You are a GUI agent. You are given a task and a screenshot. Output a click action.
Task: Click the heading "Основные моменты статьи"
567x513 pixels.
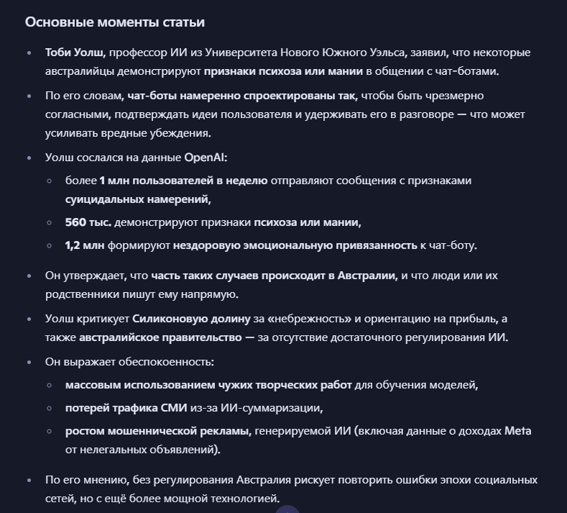115,22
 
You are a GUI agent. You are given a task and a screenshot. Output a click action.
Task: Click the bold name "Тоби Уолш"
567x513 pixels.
75,53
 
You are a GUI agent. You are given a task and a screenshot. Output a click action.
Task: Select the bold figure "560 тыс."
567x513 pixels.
88,222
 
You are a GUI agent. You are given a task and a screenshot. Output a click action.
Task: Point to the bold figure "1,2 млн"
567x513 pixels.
85,245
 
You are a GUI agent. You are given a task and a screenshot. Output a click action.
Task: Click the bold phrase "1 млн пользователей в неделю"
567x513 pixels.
183,181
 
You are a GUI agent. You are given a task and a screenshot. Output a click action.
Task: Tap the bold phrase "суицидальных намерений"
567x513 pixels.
138,199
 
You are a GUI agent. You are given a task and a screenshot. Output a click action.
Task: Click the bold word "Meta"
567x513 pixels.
517,431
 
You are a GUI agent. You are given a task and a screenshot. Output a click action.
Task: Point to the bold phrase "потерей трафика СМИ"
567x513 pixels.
127,408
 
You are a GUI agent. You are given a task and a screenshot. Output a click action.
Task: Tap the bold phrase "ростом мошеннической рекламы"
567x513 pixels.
157,431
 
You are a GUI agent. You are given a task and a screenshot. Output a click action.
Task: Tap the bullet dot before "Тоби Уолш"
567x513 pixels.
29,53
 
